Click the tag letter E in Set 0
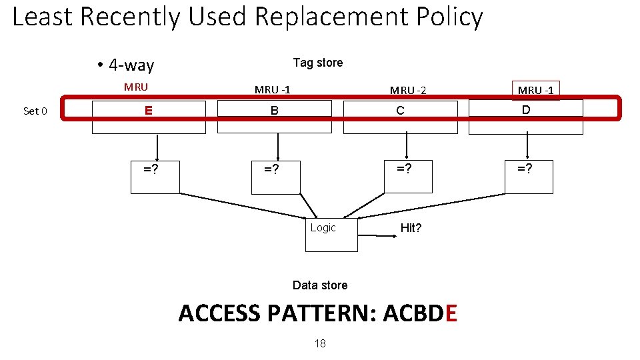coord(149,111)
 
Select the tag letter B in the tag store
coord(274,111)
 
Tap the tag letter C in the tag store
coord(400,111)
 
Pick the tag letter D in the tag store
coord(526,110)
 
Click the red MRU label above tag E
coord(136,87)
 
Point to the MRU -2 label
coord(408,90)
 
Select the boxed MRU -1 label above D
coord(535,90)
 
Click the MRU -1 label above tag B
coord(272,90)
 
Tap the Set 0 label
coord(35,111)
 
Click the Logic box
coord(331,234)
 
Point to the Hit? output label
coord(411,228)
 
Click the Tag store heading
coord(318,63)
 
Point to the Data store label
coord(320,285)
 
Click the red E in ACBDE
coord(450,313)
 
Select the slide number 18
coord(320,343)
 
